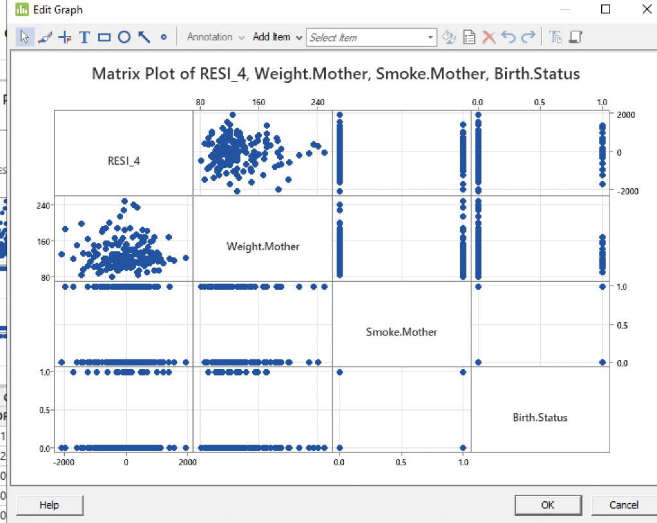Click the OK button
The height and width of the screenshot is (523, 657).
[x=547, y=505]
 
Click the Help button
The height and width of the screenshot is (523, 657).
[x=49, y=505]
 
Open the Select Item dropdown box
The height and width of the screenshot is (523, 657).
[x=371, y=37]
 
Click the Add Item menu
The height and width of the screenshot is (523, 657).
[x=277, y=37]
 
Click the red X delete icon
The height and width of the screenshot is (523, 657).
[x=489, y=37]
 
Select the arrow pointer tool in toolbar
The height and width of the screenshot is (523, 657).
[x=24, y=37]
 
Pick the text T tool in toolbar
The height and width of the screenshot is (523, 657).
[x=84, y=37]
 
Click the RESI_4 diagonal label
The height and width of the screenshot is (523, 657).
[x=124, y=161]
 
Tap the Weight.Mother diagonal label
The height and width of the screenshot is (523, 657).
[x=263, y=246]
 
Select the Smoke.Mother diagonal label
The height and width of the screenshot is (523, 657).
[x=402, y=332]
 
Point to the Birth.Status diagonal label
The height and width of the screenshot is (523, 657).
[x=540, y=417]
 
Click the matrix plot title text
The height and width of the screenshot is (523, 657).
[x=336, y=74]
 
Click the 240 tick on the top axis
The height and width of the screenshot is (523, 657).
[x=318, y=102]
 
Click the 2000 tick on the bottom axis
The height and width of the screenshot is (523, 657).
[x=187, y=461]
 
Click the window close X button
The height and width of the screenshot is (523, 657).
[x=646, y=10]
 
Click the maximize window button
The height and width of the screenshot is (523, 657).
[x=605, y=10]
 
